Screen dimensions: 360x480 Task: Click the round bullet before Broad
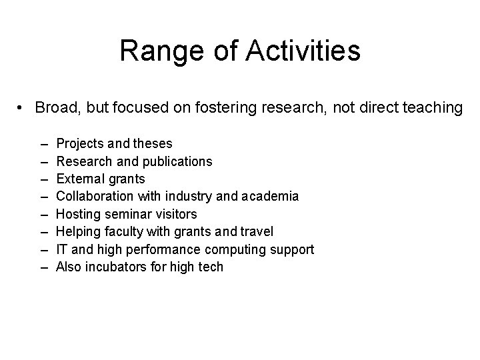(x=22, y=108)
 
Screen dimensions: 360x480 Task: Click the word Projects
(x=79, y=143)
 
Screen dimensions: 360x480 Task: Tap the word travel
(x=257, y=232)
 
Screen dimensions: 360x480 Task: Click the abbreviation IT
(x=61, y=249)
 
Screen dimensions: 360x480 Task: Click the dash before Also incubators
(x=44, y=267)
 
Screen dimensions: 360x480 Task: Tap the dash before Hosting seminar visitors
(x=44, y=214)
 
